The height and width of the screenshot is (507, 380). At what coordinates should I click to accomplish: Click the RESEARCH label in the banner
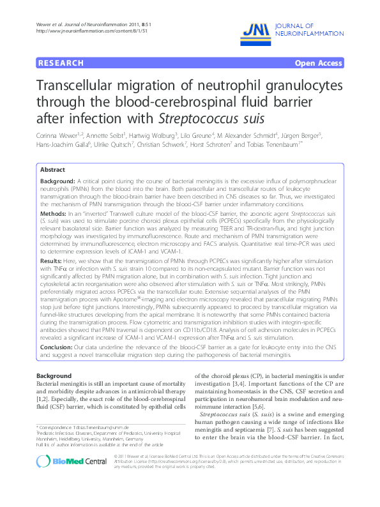point(62,63)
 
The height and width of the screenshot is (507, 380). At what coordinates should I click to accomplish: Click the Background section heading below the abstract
point(54,376)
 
